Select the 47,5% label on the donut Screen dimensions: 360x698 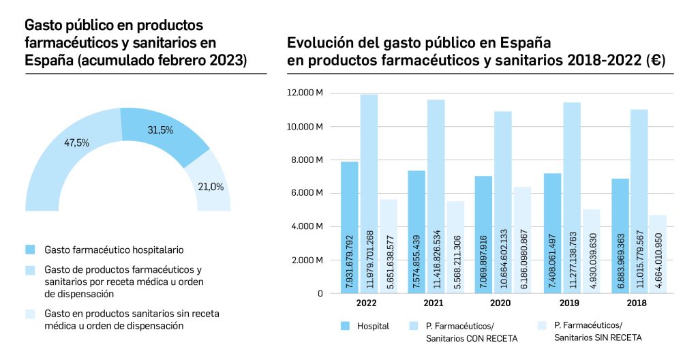click(76, 143)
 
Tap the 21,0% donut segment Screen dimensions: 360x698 click(210, 186)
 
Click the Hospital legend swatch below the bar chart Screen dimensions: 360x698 click(345, 326)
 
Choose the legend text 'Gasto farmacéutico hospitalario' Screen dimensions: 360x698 click(114, 250)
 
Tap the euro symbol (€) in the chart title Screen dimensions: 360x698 click(656, 61)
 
